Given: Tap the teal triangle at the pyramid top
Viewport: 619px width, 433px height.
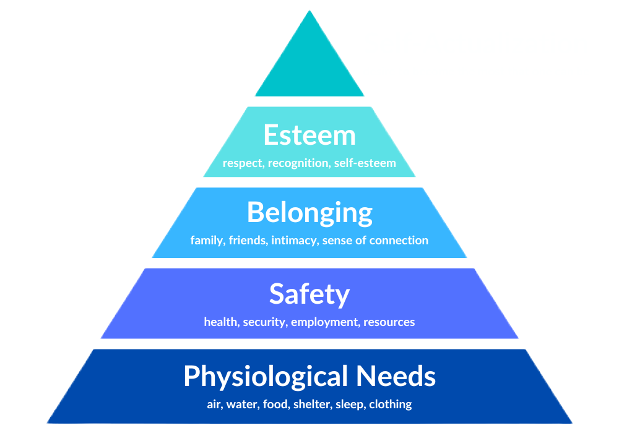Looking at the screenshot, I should point(309,68).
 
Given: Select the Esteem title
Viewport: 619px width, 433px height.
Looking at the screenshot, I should point(309,135).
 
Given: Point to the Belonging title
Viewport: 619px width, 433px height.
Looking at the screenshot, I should point(309,213).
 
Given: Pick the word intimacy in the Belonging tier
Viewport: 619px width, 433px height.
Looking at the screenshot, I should point(295,240).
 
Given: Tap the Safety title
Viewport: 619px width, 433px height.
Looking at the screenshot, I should point(309,294).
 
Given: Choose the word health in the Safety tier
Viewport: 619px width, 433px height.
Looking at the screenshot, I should point(221,322).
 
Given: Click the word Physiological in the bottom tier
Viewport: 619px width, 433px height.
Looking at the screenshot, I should point(266,376).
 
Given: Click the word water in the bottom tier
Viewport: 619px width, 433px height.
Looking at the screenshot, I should point(240,405).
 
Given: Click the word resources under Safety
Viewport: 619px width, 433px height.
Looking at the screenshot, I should point(389,322).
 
